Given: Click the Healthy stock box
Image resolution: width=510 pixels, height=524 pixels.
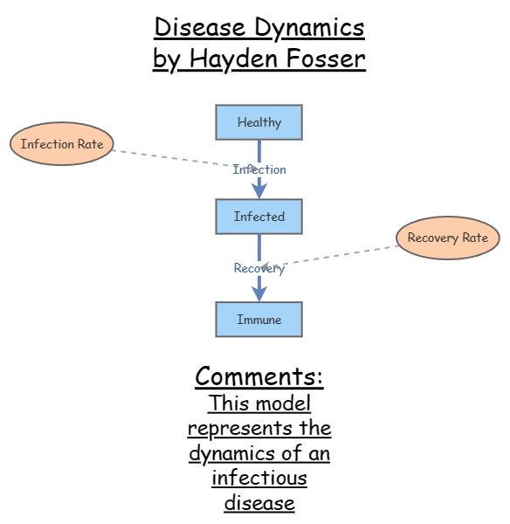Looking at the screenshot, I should tap(258, 122).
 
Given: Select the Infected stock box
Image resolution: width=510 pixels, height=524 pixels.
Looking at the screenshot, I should tap(258, 217).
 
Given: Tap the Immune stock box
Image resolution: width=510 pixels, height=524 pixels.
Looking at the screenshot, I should tap(258, 320).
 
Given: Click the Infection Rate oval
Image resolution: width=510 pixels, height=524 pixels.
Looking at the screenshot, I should tap(62, 144).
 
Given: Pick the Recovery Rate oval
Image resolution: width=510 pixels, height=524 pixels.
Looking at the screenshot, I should tap(448, 238).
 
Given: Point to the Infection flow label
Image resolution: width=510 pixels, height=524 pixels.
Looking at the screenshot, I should tap(259, 169).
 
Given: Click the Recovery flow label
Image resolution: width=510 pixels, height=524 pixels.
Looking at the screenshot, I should tap(259, 268).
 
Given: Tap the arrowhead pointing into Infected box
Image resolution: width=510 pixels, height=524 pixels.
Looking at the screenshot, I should tap(259, 190).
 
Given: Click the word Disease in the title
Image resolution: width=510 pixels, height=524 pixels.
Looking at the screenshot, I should tap(202, 28).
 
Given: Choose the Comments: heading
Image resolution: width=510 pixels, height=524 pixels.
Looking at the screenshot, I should tap(258, 376).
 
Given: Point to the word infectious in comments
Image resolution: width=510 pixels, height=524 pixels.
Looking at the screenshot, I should tap(258, 479).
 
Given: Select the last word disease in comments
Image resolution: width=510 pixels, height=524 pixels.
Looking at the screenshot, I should tap(258, 503).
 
